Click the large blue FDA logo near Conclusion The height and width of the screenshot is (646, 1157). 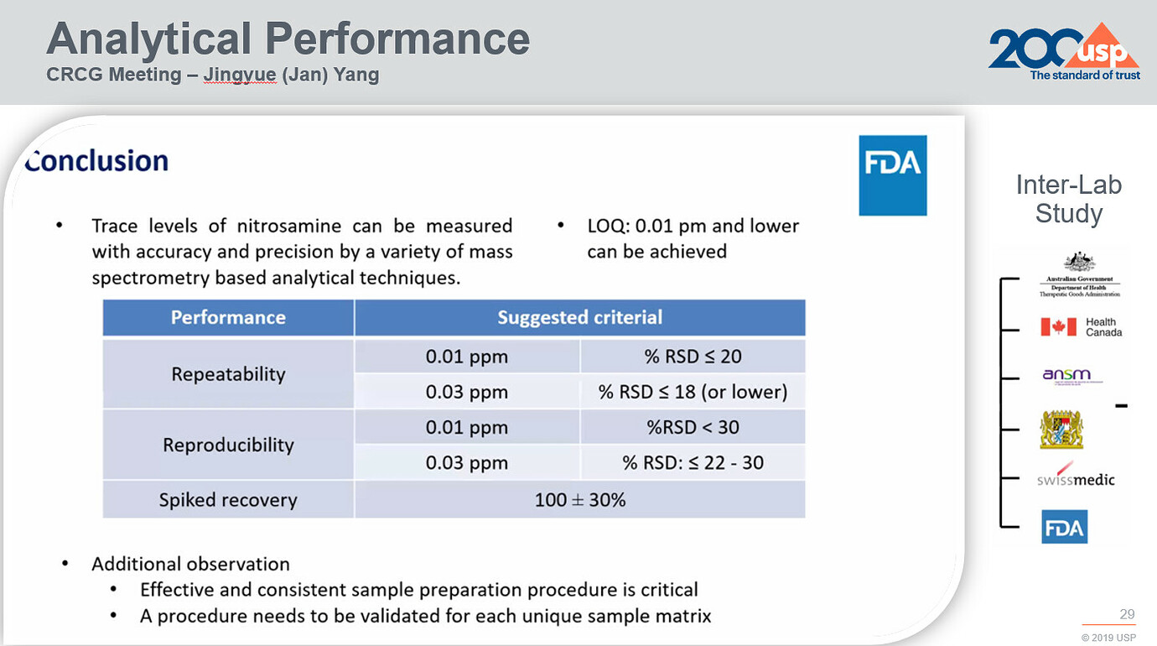coord(892,175)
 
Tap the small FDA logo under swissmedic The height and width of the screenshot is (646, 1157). coord(1064,527)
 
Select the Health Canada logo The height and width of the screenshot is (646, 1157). coord(1081,327)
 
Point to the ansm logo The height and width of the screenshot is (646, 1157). coord(1067,376)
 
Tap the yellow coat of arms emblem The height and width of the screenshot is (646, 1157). coord(1061,429)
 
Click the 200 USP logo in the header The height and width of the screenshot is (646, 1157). coord(1063,52)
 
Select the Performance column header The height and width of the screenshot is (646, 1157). coord(228,318)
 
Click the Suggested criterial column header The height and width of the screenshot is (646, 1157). coord(579,318)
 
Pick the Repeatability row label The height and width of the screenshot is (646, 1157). coord(228,374)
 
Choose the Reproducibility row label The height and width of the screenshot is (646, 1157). coord(228,445)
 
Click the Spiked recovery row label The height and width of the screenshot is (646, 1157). coord(228,500)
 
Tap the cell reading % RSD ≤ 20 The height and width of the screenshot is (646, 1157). coord(693,357)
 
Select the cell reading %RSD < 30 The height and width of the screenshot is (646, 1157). coord(693,427)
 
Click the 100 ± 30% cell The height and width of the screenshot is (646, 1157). coord(579,500)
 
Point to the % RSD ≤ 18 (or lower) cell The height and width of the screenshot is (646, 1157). coord(693,392)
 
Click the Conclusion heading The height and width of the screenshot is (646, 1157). coord(96,160)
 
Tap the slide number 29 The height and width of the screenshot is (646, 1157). coord(1127,614)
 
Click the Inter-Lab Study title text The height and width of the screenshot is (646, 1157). coord(1068,199)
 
